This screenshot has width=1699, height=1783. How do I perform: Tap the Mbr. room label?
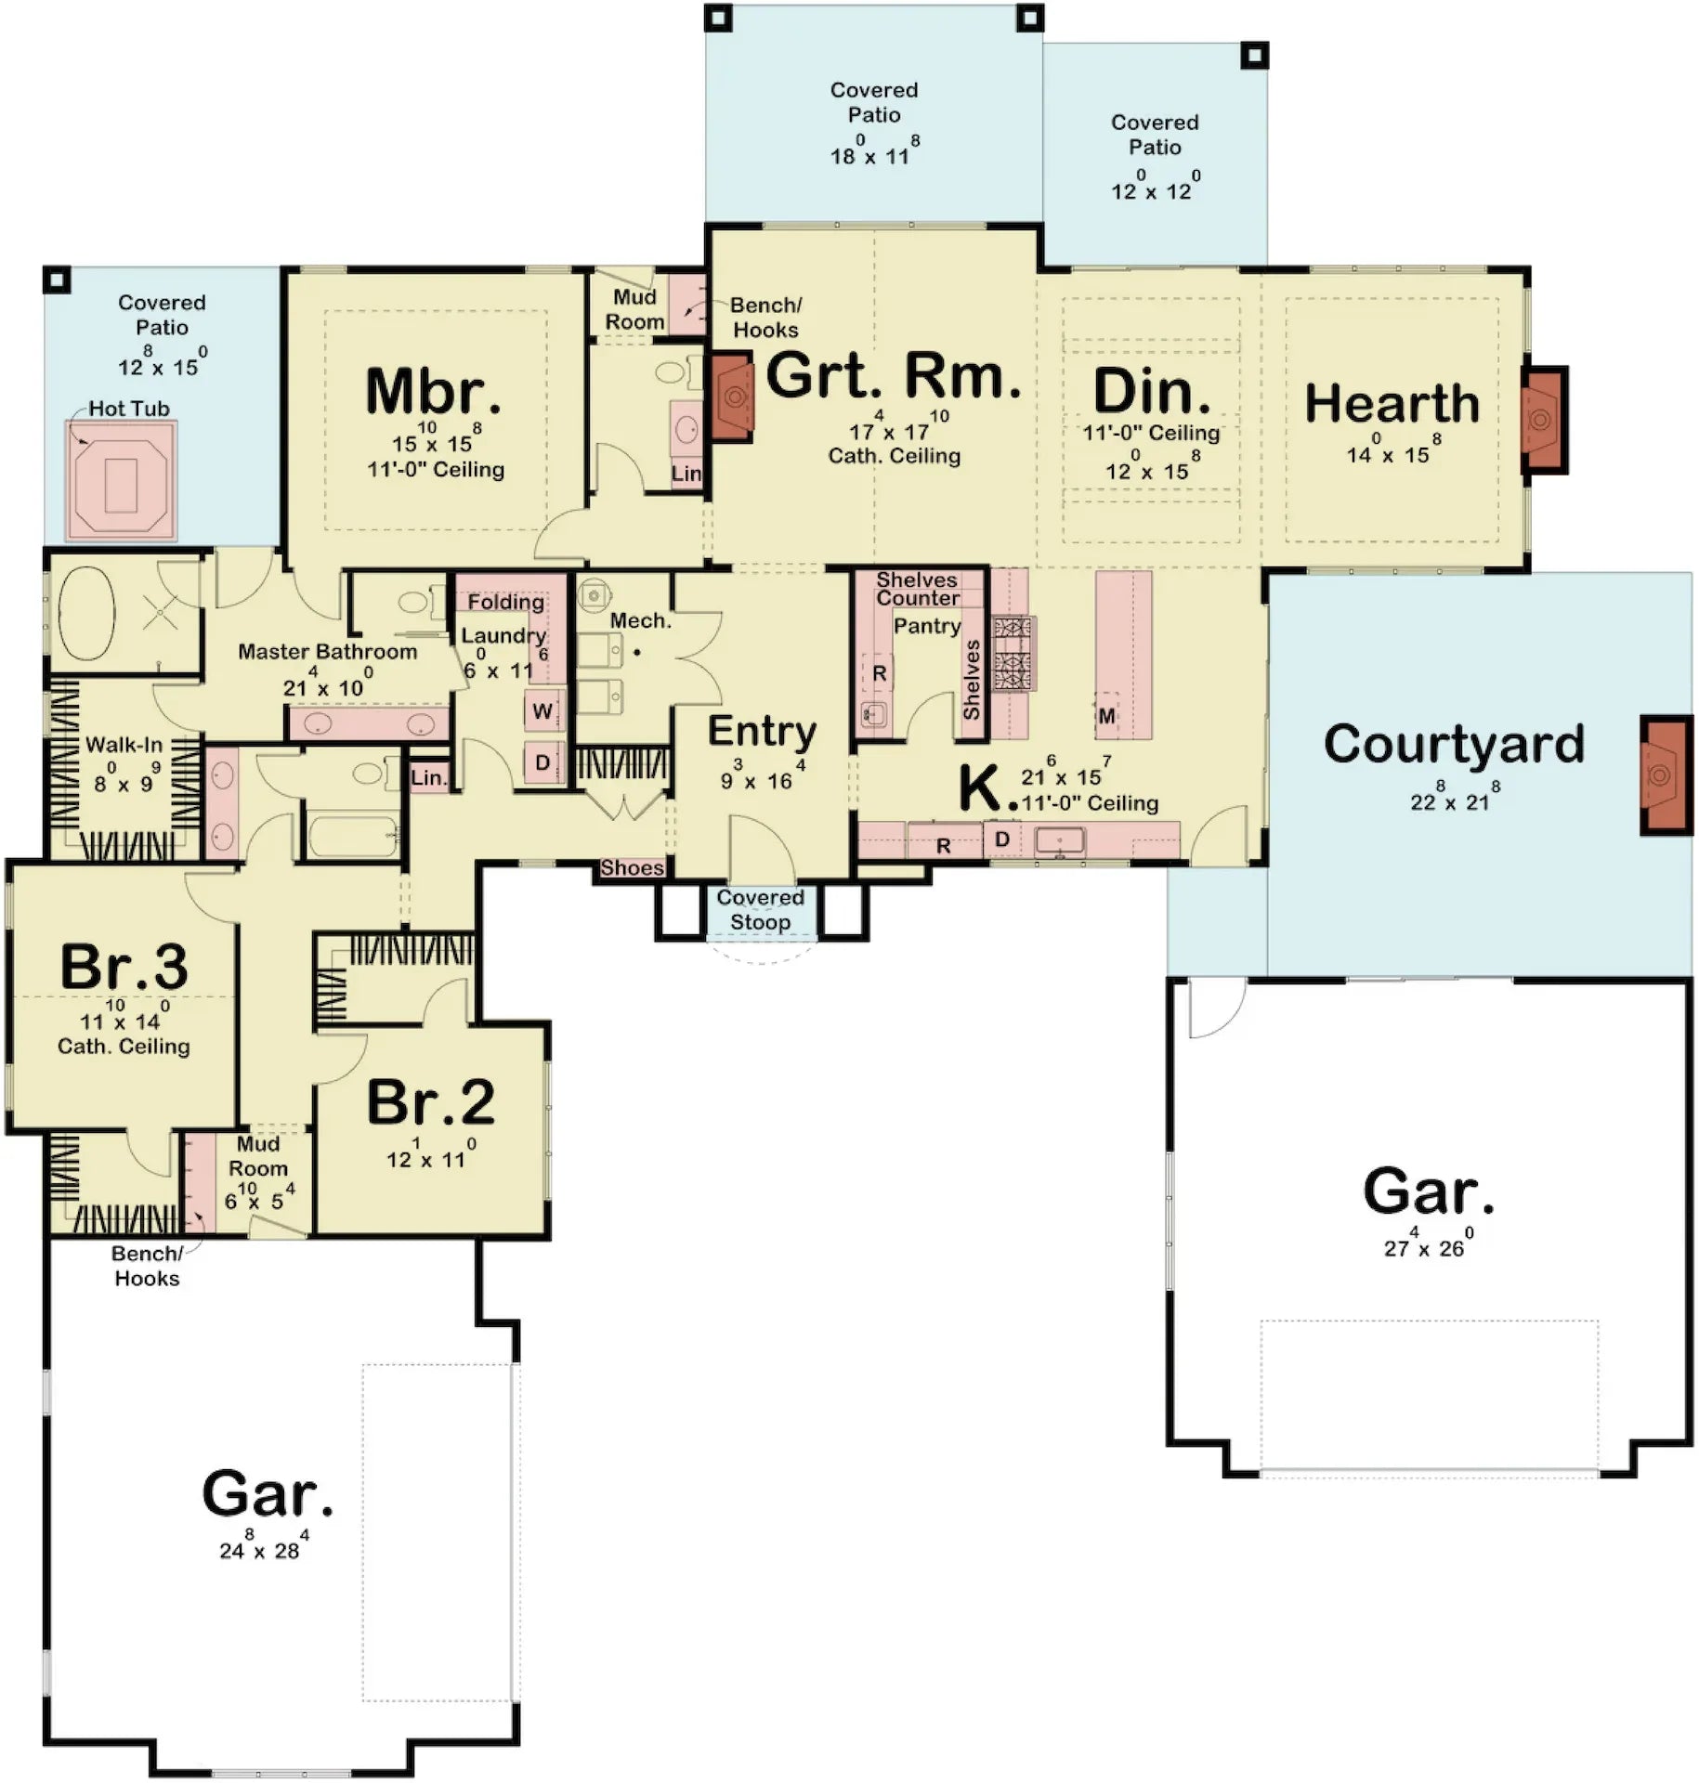433,391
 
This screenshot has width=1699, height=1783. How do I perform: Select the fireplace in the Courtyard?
1665,775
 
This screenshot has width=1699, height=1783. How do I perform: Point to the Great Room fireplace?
733,397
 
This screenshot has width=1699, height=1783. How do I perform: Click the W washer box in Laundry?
542,711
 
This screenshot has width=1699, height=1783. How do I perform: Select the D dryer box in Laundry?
542,762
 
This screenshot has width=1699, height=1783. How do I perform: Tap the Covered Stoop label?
760,910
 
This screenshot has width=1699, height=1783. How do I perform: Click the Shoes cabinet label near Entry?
632,867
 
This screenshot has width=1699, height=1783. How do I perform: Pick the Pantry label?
926,626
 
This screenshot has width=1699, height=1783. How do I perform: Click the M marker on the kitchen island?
1106,716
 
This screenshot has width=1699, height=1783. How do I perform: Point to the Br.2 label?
431,1102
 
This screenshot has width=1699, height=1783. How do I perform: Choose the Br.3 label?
124,967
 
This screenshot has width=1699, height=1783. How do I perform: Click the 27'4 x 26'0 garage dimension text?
1424,1246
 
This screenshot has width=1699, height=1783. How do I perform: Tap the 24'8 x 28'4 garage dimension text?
260,1550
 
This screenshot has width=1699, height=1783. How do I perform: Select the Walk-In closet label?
124,745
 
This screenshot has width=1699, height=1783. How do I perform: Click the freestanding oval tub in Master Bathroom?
86,613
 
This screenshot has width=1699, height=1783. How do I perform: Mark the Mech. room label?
640,620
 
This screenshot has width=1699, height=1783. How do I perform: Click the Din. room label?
1152,391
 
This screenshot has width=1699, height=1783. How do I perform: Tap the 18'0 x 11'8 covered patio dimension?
871,154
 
